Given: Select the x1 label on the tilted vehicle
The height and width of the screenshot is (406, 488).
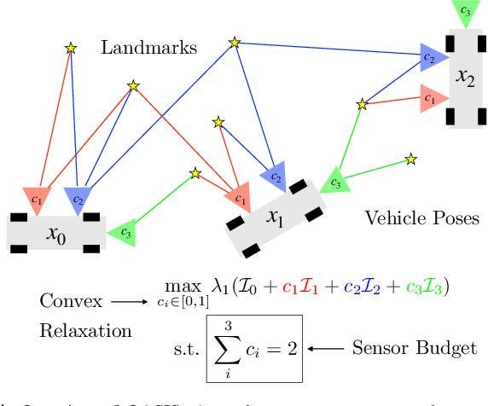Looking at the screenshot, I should (x=274, y=218).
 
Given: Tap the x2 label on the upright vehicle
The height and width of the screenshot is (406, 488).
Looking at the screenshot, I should (x=465, y=78).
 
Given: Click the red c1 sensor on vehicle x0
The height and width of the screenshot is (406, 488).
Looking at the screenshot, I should (x=36, y=199).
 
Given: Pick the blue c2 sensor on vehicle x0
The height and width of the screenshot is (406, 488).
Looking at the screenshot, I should (x=78, y=199).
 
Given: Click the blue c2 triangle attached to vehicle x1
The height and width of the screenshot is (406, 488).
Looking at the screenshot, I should (x=275, y=177).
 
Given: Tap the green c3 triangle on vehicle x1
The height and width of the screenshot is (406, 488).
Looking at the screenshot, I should (x=334, y=183).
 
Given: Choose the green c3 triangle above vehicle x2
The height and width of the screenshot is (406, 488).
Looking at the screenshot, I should (x=464, y=13).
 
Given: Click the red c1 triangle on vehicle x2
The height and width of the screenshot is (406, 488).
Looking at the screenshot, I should (x=430, y=100).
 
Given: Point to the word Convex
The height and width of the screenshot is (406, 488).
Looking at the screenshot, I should (x=71, y=301).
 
